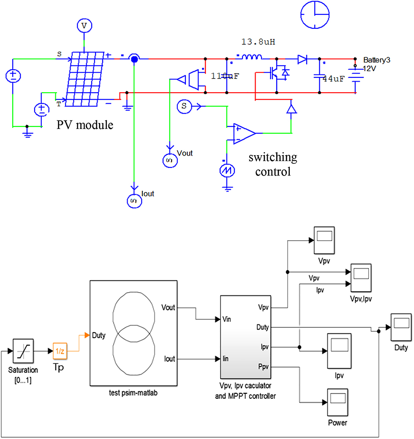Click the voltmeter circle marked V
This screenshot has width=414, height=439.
pyautogui.click(x=84, y=26)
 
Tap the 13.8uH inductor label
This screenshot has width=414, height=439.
pyautogui.click(x=258, y=42)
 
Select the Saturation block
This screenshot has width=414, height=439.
pyautogui.click(x=24, y=351)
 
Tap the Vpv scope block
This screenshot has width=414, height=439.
pyautogui.click(x=324, y=239)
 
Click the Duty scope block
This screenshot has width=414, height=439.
pyautogui.click(x=400, y=327)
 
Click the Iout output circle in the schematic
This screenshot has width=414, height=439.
pyautogui.click(x=134, y=201)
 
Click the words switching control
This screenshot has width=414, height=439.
pyautogui.click(x=272, y=165)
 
